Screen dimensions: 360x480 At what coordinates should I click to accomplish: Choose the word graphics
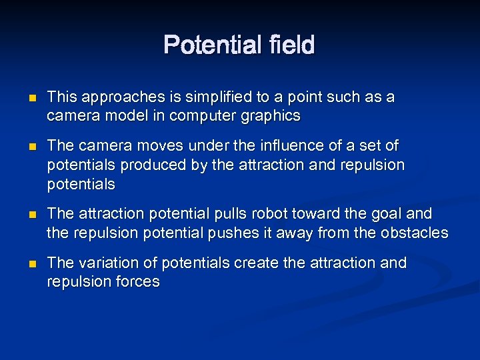click(273, 116)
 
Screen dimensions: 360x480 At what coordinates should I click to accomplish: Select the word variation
click(102, 263)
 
